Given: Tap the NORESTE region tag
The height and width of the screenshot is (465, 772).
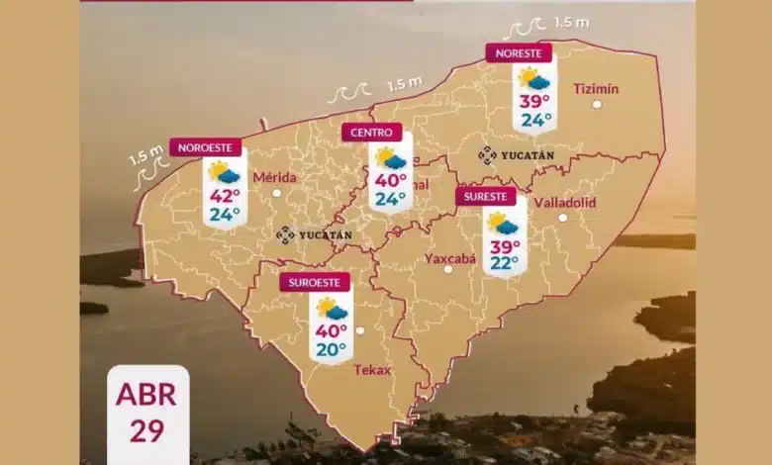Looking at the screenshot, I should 518,52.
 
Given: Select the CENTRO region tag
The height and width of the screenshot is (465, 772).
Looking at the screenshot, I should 371,132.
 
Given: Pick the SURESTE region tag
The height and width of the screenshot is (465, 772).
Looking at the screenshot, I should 486,197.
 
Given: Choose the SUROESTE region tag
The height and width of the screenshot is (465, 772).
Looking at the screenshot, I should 315,282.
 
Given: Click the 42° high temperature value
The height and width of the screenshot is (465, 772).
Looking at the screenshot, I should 224,195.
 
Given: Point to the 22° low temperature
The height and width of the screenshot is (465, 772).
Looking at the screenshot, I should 505,262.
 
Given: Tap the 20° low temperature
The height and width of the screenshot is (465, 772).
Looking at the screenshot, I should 332,348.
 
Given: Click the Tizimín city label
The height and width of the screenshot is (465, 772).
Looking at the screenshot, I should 596,89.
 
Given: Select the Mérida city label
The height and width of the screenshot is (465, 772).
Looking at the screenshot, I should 275,177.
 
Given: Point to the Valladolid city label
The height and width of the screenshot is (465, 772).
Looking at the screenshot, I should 564,202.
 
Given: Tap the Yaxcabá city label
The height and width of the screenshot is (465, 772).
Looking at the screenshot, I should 450,259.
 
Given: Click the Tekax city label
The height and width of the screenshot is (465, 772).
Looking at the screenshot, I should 372,370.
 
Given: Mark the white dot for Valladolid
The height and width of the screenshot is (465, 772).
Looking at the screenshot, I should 562,218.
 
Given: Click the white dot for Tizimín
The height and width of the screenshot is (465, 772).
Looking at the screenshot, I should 597,104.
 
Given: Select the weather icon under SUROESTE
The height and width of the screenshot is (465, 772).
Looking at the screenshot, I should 332,309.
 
